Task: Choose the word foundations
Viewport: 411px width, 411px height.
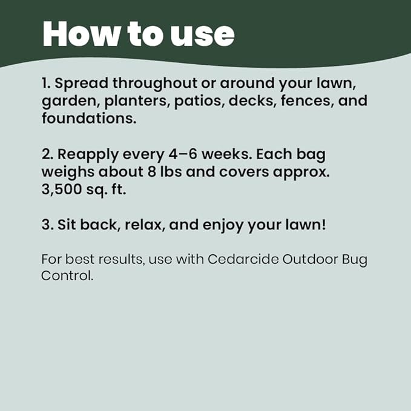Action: tap(88, 118)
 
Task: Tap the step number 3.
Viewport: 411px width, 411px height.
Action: tap(46, 224)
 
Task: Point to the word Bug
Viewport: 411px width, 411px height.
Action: tap(353, 260)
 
